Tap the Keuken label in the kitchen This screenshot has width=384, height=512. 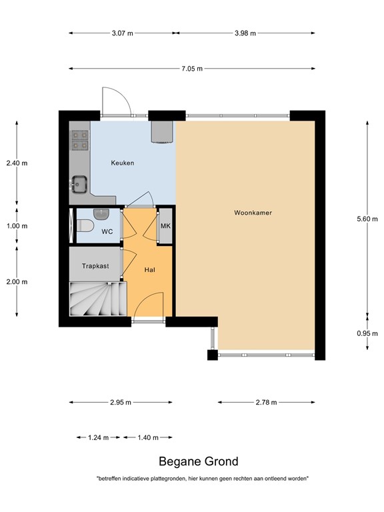pyautogui.click(x=123, y=163)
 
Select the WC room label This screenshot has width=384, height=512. pyautogui.click(x=107, y=232)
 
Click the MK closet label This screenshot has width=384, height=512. pyautogui.click(x=166, y=226)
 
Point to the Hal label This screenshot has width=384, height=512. pyautogui.click(x=150, y=270)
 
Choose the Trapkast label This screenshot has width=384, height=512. pyautogui.click(x=95, y=266)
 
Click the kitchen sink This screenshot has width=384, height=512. pyautogui.click(x=80, y=182)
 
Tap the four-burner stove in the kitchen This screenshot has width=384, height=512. pyautogui.click(x=80, y=138)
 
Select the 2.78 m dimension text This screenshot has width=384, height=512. pyautogui.click(x=265, y=402)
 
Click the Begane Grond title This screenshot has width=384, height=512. pyautogui.click(x=198, y=461)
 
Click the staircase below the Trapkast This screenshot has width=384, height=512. pyautogui.click(x=98, y=299)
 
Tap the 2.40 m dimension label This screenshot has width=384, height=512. pyautogui.click(x=17, y=163)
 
